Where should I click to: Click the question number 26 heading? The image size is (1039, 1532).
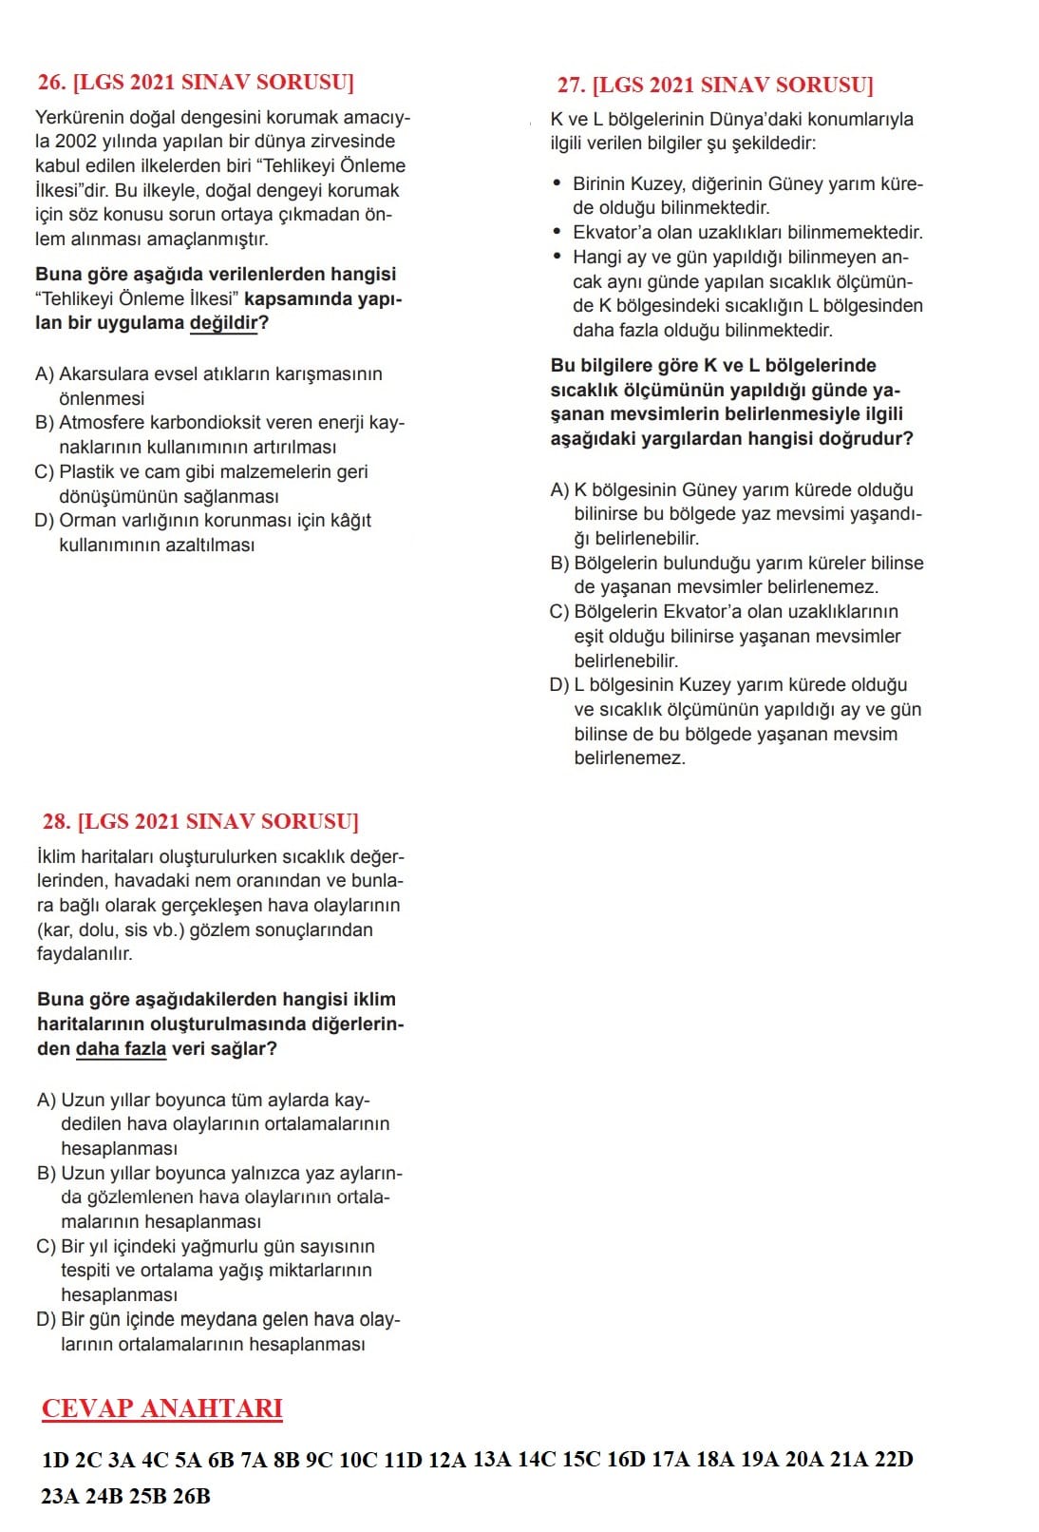195,83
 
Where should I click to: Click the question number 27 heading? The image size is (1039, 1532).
714,86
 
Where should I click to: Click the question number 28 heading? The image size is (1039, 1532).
200,822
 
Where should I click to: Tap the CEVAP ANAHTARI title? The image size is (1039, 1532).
162,1408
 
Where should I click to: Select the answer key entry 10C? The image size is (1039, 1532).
358,1460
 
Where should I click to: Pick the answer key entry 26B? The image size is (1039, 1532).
192,1497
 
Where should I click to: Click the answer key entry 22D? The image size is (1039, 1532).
893,1460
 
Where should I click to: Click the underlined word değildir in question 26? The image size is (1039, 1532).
224,323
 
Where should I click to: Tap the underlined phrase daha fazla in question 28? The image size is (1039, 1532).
121,1049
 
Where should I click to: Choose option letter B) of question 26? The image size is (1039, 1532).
45,423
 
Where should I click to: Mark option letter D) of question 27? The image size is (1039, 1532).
559,685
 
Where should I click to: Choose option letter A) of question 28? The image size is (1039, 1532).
47,1101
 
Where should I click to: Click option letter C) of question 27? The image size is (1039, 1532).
559,612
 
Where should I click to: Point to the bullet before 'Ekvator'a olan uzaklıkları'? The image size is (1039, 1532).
557,232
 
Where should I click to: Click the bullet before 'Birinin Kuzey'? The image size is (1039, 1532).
557,183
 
